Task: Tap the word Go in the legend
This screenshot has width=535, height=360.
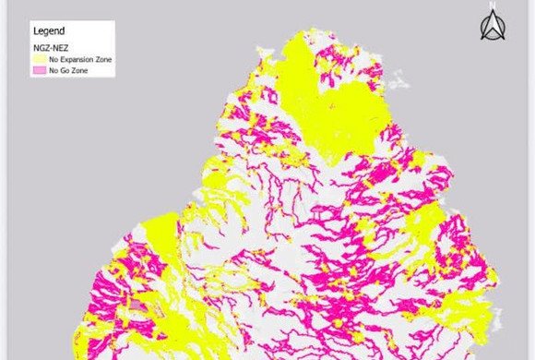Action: pos(63,69)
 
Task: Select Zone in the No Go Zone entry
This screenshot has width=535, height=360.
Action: pos(76,69)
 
